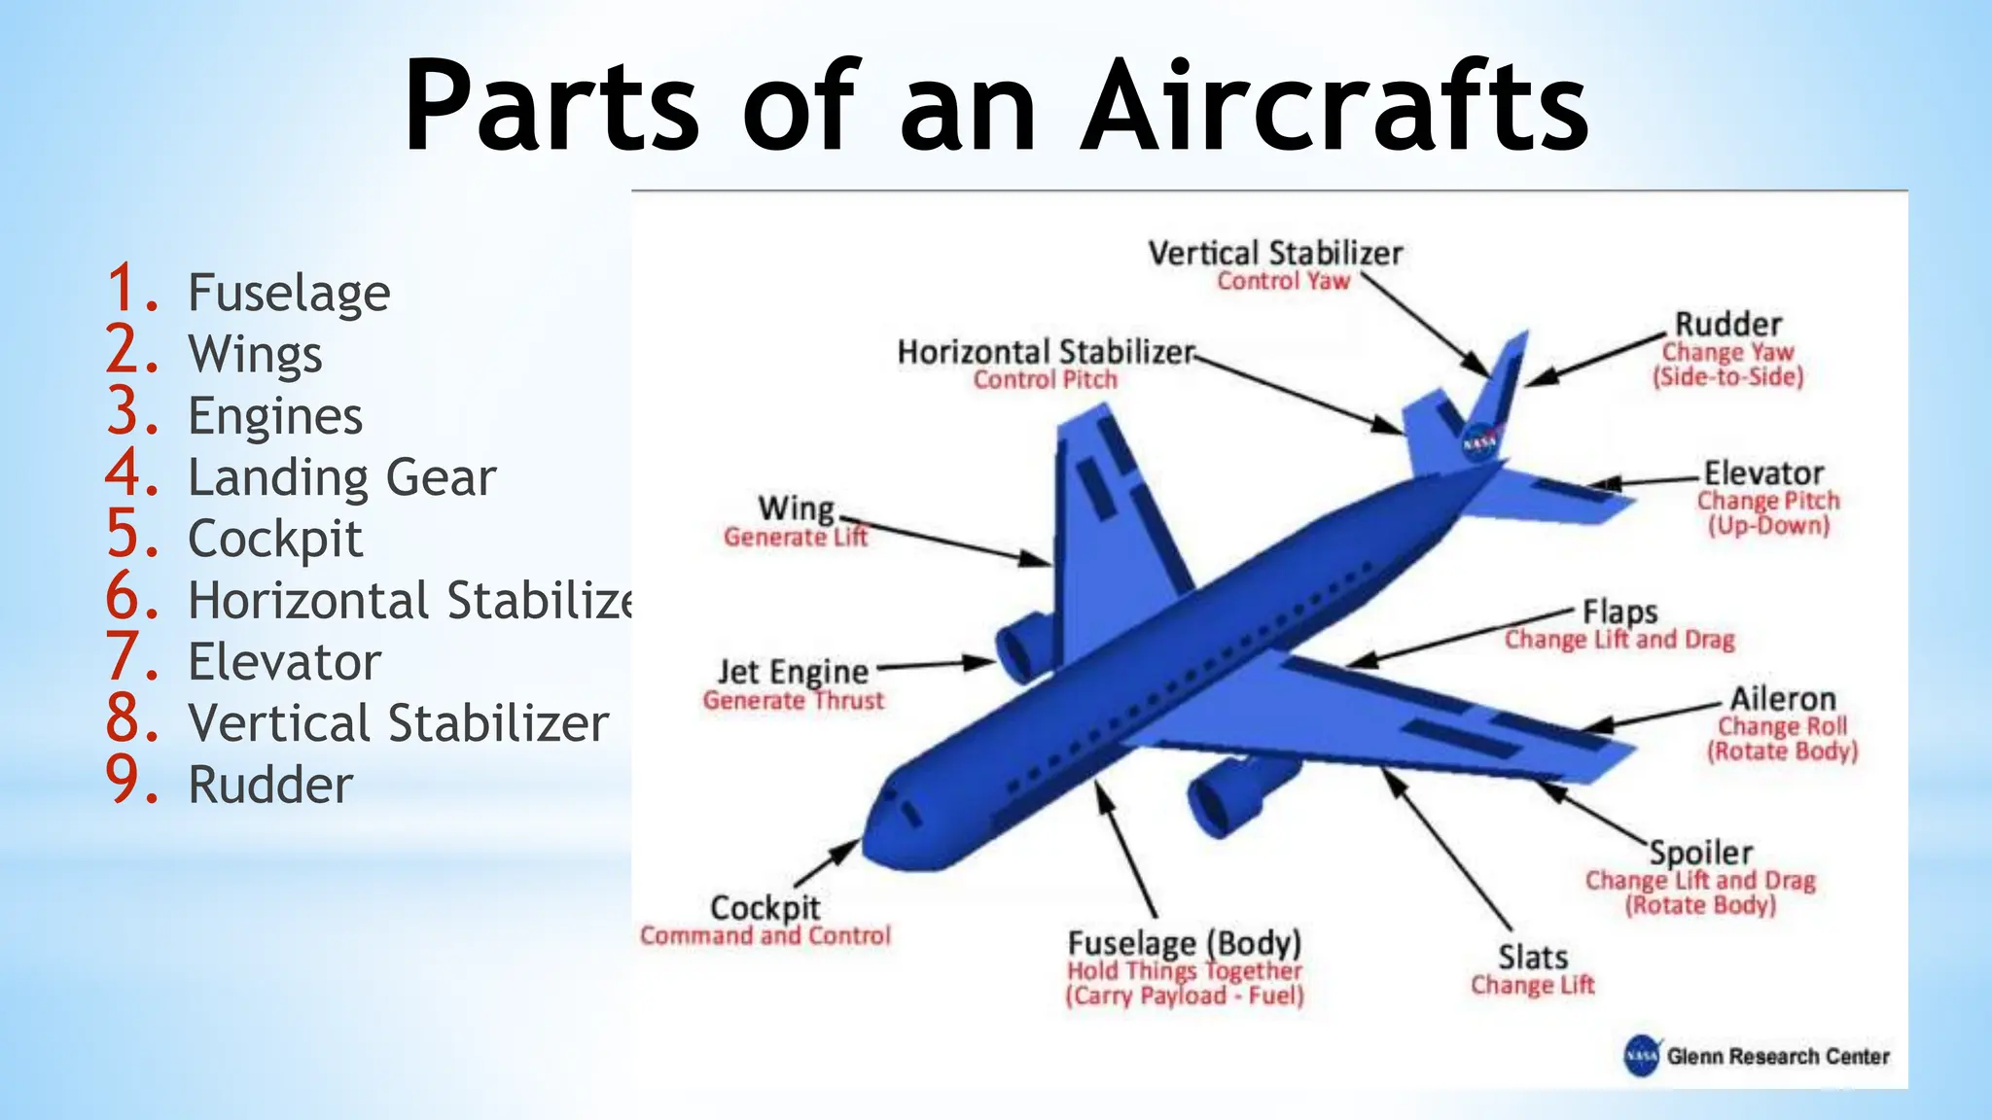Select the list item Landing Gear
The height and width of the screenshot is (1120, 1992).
click(x=341, y=478)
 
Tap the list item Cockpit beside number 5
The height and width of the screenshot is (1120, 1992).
click(x=275, y=540)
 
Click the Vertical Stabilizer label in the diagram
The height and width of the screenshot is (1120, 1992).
click(x=1275, y=254)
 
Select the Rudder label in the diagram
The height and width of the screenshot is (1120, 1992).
click(x=1727, y=324)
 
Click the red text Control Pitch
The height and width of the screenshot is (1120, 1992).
click(x=1045, y=380)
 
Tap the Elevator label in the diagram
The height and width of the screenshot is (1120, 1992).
click(x=1762, y=473)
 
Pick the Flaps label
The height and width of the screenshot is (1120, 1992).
click(x=1619, y=612)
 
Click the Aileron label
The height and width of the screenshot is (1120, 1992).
click(x=1782, y=699)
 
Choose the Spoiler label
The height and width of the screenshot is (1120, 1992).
click(x=1700, y=853)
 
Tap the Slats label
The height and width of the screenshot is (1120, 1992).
click(x=1532, y=958)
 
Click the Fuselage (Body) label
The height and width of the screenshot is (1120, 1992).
click(x=1184, y=943)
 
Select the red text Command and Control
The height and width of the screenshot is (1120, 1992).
click(x=765, y=936)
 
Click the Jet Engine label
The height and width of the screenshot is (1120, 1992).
click(x=793, y=672)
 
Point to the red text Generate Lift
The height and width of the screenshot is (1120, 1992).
click(x=795, y=538)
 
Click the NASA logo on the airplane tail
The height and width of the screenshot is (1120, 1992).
click(x=1480, y=442)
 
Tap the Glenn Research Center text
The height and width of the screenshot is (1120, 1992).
click(x=1777, y=1057)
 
